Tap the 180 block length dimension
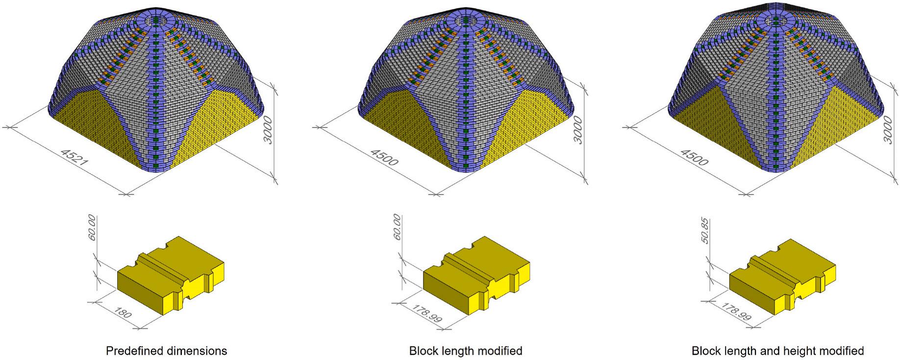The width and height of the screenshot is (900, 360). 123,313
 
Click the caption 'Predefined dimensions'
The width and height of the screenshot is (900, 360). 167,351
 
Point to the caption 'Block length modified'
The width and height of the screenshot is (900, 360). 466,351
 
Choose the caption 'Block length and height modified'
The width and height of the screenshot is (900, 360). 777,351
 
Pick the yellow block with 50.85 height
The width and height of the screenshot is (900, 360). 783,279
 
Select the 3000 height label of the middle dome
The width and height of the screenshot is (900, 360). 578,129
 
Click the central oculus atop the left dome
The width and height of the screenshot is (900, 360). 157,21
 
